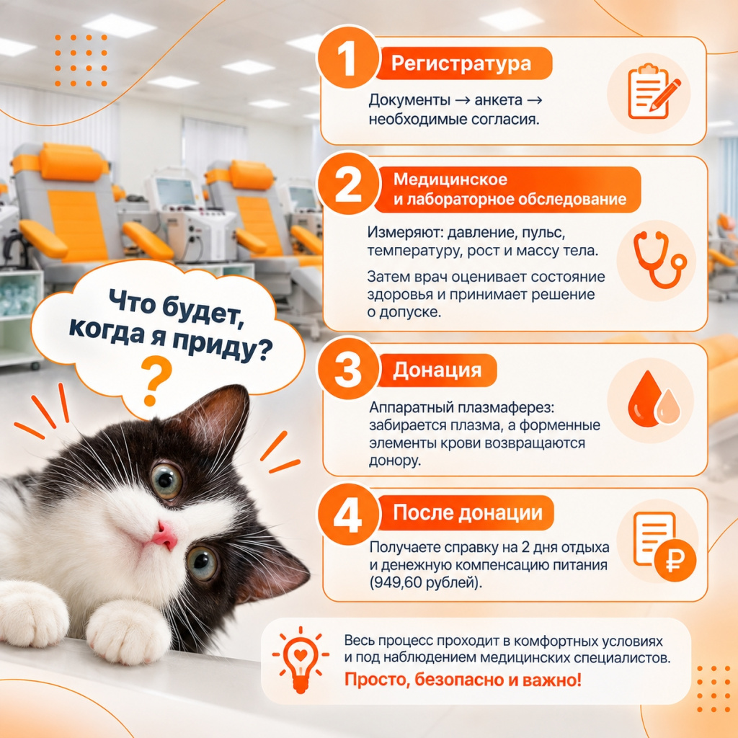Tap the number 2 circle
click(x=348, y=184)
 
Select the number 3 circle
click(x=348, y=368)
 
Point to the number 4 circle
click(x=348, y=515)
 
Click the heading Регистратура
click(x=461, y=63)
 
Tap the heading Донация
click(x=437, y=370)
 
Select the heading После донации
click(x=467, y=512)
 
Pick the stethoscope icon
click(x=659, y=259)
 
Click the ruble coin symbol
click(x=675, y=560)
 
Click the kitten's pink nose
click(x=165, y=537)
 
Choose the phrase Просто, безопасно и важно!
click(x=463, y=680)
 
